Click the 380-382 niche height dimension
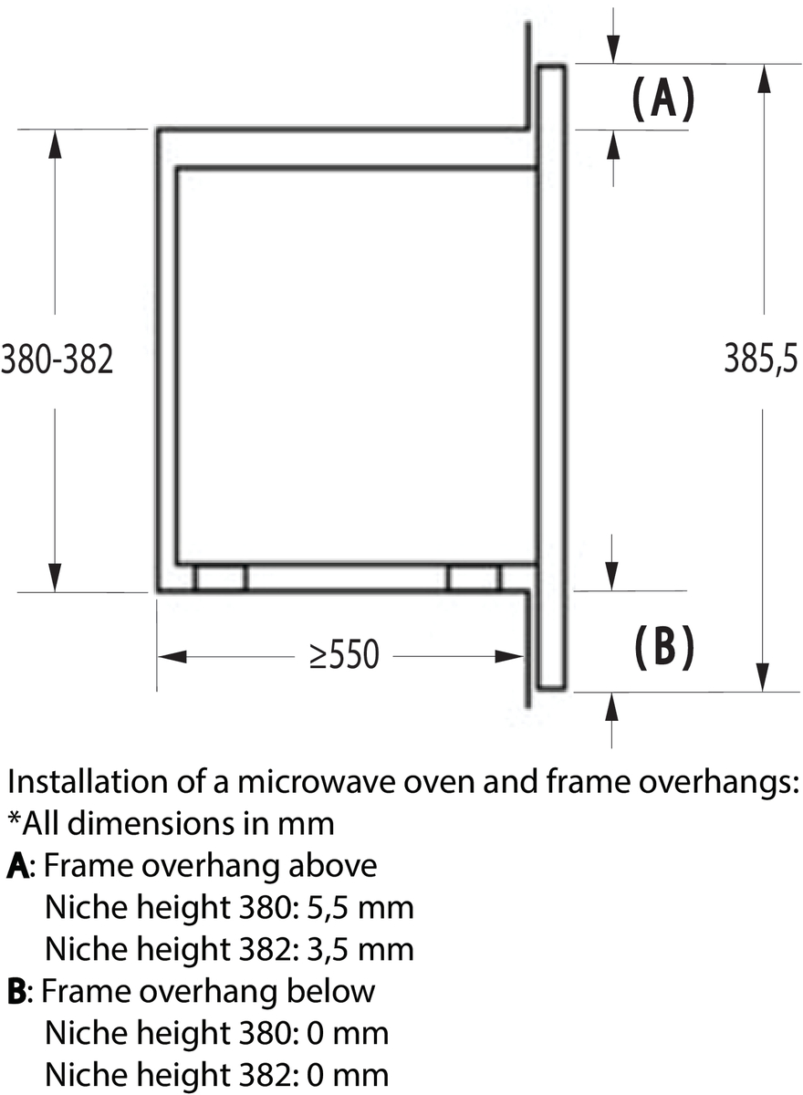click(57, 360)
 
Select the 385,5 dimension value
click(760, 360)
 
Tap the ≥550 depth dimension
click(344, 655)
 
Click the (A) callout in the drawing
click(662, 99)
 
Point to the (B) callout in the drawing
click(663, 648)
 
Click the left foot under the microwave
click(222, 578)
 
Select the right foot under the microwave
click(474, 578)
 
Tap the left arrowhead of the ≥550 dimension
click(172, 656)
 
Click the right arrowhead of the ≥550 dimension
click(510, 656)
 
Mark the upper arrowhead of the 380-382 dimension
click(55, 144)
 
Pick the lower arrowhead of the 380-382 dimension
click(55, 578)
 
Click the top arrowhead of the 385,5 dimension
click(764, 78)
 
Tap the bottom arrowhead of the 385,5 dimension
click(763, 677)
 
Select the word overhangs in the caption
click(716, 781)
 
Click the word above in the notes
click(333, 866)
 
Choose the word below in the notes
click(331, 991)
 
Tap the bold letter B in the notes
click(16, 993)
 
